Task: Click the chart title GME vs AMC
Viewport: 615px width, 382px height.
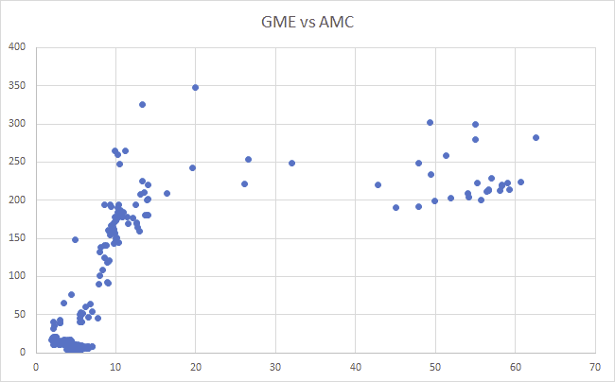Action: click(307, 22)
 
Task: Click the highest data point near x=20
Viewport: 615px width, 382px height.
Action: click(195, 87)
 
